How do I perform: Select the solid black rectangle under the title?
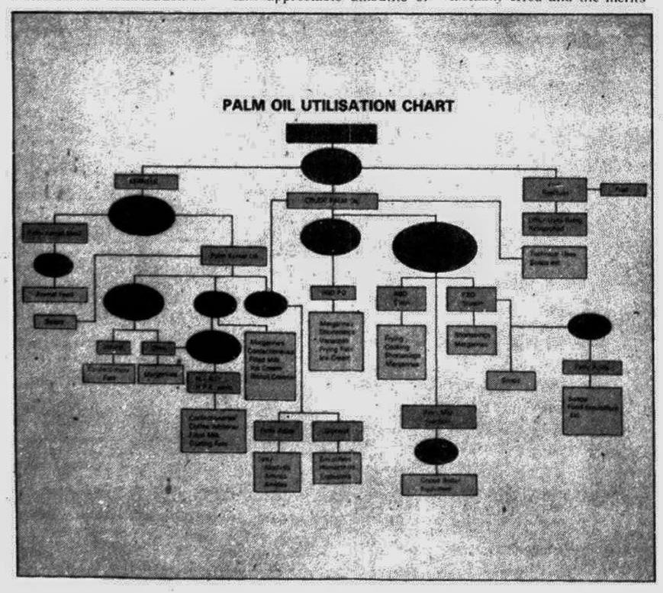coord(331,134)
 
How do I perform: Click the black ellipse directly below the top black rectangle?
coord(330,165)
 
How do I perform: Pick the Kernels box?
coord(146,182)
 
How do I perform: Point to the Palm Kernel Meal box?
coord(54,232)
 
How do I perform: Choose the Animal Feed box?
coord(54,294)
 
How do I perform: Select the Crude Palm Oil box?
coord(332,201)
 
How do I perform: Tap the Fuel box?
coord(623,189)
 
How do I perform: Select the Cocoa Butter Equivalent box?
coord(439,484)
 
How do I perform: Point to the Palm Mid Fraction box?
coord(439,417)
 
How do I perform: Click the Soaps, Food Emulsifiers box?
coord(592,410)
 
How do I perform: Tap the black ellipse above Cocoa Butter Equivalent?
coord(436,452)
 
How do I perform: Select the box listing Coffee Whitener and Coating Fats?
coord(213,430)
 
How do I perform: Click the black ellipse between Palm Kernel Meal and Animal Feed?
coord(53,265)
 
